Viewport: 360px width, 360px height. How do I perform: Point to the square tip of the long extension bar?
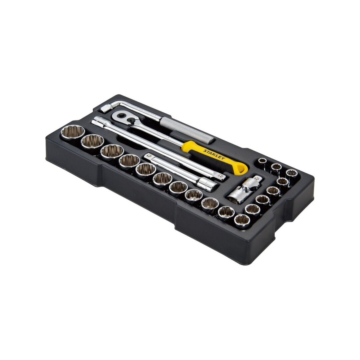click(x=220, y=176)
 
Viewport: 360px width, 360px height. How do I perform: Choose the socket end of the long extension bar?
click(x=96, y=120)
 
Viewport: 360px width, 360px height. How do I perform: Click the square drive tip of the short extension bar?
click(x=148, y=156)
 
